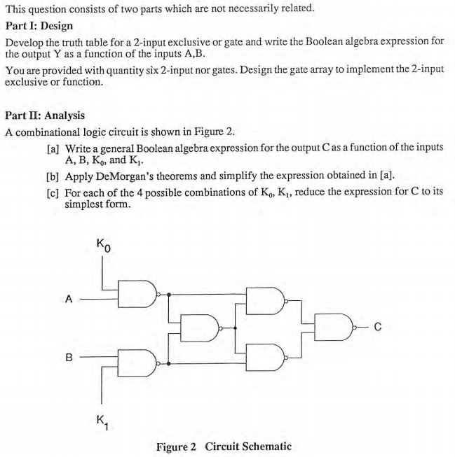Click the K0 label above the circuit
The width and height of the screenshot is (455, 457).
(102, 247)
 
